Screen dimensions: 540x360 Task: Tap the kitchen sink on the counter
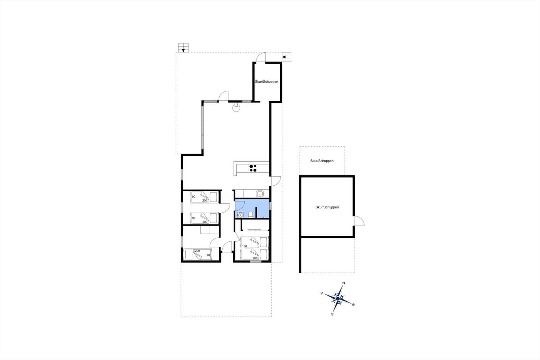coord(260,193)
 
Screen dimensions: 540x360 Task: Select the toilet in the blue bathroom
coord(250,214)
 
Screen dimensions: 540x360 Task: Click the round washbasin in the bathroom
coord(240,215)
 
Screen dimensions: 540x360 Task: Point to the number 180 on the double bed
coord(244,246)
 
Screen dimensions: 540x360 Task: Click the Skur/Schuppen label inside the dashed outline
coord(322,161)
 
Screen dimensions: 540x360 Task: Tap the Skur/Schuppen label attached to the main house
coord(267,82)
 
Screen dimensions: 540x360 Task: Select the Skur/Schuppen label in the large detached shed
coord(327,207)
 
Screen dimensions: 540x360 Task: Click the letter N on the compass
coord(344,283)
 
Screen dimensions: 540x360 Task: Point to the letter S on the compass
coord(332,314)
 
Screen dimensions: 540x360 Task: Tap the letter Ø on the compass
coord(353,305)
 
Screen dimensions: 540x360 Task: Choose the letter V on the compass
coord(322,293)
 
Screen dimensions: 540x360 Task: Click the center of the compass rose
coord(338,299)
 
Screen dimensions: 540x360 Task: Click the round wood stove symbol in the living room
coord(236,108)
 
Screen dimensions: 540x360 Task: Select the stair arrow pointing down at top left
coord(183,50)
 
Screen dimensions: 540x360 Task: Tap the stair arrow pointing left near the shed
coord(284,57)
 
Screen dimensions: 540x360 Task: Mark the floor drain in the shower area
coord(263,217)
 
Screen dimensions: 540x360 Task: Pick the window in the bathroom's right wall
coord(270,206)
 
